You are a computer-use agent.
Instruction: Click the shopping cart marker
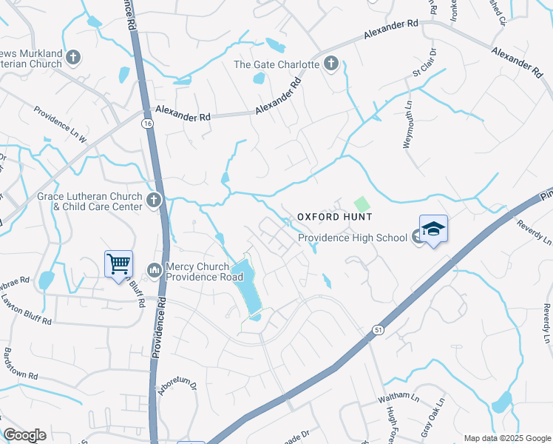pyautogui.click(x=118, y=264)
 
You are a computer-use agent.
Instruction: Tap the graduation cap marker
pyautogui.click(x=433, y=229)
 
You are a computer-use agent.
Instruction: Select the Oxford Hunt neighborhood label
pyautogui.click(x=334, y=216)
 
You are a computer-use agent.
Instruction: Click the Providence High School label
pyautogui.click(x=353, y=238)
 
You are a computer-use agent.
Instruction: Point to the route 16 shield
pyautogui.click(x=149, y=125)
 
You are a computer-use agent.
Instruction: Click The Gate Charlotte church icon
pyautogui.click(x=330, y=64)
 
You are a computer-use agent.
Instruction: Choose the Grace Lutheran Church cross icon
pyautogui.click(x=153, y=200)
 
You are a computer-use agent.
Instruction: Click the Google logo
pyautogui.click(x=25, y=435)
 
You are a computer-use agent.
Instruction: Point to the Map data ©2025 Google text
pyautogui.click(x=507, y=438)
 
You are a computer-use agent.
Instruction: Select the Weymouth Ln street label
pyautogui.click(x=407, y=129)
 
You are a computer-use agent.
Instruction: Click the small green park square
pyautogui.click(x=361, y=203)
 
